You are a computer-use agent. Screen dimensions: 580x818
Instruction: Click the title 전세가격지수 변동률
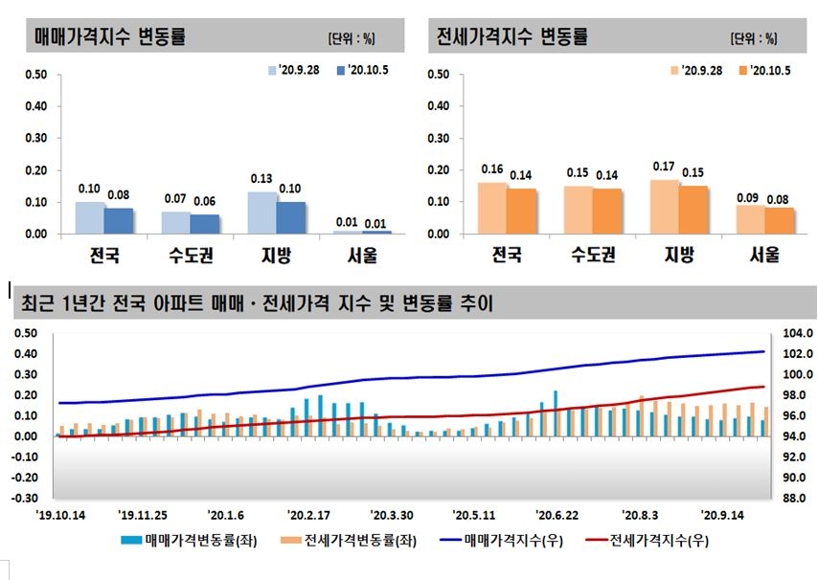point(511,37)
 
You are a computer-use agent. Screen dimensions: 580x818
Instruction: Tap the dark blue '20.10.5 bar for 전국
point(119,221)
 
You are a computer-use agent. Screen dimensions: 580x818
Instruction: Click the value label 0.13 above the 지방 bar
point(261,180)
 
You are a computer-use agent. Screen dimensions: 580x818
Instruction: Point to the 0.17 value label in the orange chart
point(664,167)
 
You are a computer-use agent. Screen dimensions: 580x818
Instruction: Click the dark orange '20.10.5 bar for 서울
point(780,221)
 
